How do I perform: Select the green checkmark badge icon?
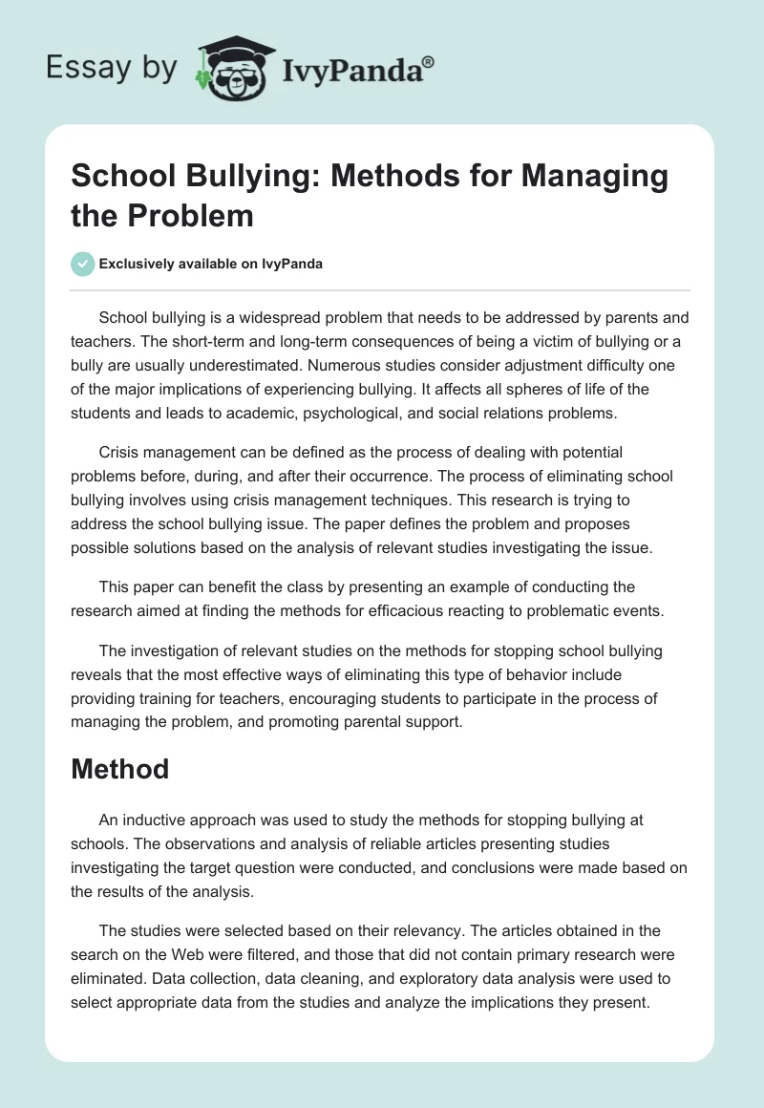[x=83, y=264]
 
